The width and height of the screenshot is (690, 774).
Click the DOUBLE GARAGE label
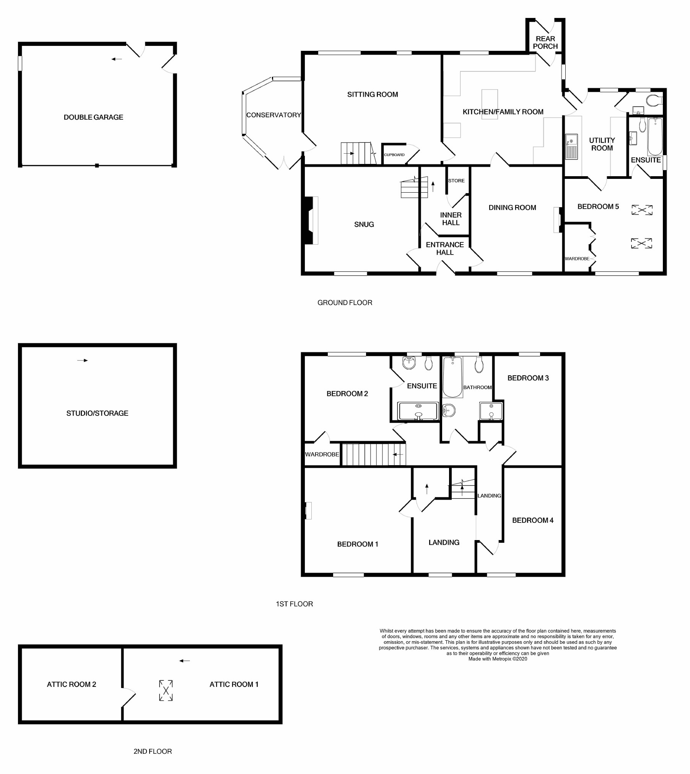93,117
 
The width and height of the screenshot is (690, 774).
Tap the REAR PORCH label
545,42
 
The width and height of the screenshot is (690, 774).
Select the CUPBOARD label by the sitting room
394,155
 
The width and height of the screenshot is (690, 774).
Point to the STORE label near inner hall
456,181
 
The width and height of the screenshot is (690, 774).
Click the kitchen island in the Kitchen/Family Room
490,104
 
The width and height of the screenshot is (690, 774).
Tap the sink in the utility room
571,146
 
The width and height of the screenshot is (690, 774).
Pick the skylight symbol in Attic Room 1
166,691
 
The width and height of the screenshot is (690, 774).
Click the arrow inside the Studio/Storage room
83,360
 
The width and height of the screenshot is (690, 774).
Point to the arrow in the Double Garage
117,59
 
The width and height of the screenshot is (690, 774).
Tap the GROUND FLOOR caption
345,303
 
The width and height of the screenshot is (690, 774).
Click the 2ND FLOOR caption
153,751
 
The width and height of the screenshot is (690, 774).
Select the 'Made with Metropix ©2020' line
498,659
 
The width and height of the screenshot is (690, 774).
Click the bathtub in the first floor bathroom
452,377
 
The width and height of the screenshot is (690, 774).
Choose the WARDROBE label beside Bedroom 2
322,454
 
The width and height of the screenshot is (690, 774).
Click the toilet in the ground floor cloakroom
654,101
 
